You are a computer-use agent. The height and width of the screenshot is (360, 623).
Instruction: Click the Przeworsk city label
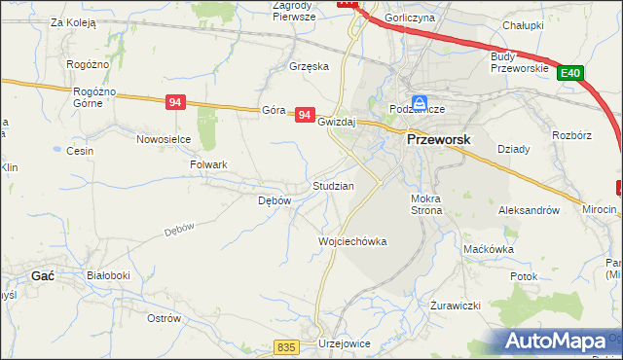437,139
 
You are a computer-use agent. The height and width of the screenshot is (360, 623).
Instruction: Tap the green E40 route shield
570,73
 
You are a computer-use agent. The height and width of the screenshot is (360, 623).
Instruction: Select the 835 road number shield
285,347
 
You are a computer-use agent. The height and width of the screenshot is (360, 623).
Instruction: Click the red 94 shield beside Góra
305,115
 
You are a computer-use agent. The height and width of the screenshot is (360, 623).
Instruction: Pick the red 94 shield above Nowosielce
175,102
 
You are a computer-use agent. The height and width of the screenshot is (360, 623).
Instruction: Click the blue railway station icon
419,102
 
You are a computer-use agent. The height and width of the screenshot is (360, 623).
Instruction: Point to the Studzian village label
332,185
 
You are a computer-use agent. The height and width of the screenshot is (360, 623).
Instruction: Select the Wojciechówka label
352,241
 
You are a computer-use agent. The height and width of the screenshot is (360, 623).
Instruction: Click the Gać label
43,275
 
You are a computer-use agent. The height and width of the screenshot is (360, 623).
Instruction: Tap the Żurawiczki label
456,306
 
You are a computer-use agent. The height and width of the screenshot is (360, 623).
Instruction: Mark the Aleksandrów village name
529,210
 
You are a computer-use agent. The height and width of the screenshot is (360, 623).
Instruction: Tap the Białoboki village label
108,275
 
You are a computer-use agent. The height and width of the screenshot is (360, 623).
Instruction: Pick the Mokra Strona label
427,203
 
